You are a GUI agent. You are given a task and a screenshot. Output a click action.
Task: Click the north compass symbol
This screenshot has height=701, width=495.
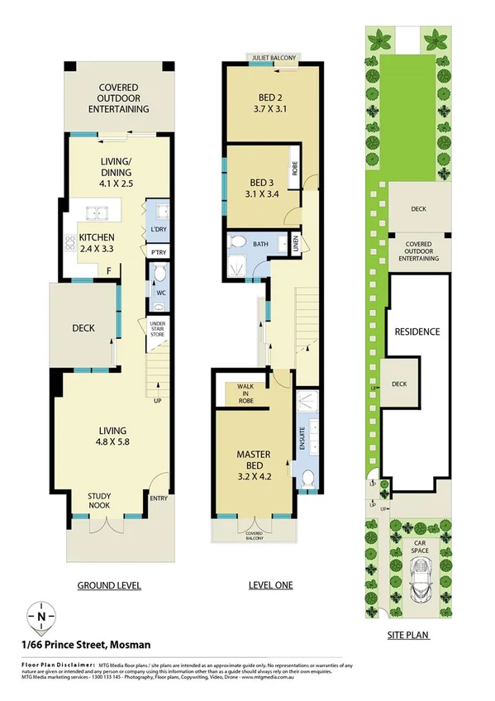tap(40, 616)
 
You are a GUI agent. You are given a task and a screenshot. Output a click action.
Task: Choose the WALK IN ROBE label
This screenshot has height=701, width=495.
tap(245, 393)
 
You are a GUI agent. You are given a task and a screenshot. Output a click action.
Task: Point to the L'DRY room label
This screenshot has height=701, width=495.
tap(158, 230)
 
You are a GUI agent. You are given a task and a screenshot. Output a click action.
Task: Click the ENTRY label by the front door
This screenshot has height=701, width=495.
tap(158, 498)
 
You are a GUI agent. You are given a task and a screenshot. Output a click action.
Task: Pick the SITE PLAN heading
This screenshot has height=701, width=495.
tap(410, 637)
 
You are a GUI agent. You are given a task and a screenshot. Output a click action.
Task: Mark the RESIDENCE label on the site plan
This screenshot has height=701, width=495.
tap(416, 331)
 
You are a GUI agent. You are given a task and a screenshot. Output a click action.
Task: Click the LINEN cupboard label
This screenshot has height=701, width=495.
tap(297, 242)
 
